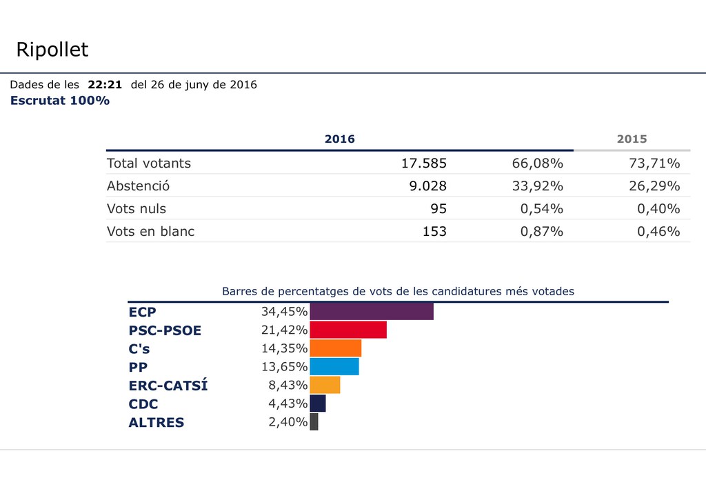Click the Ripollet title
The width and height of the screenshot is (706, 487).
pyautogui.click(x=52, y=50)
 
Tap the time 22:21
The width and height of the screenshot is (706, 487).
pyautogui.click(x=105, y=85)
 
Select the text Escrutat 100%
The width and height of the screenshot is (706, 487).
pyautogui.click(x=60, y=101)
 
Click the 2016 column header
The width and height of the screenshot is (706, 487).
pyautogui.click(x=339, y=139)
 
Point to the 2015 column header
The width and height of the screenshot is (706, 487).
pyautogui.click(x=632, y=139)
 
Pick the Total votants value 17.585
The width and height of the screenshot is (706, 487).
pyautogui.click(x=424, y=163)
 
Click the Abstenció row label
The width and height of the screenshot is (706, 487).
pyautogui.click(x=138, y=186)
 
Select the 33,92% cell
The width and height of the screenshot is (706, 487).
pyautogui.click(x=537, y=186)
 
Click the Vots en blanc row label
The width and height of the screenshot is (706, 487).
pyautogui.click(x=150, y=232)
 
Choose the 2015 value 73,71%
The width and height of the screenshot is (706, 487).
pyautogui.click(x=654, y=163)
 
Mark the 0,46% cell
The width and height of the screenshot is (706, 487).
pyautogui.click(x=654, y=232)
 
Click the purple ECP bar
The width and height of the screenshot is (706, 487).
pyautogui.click(x=372, y=312)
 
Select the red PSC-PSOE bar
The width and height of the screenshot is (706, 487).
pyautogui.click(x=348, y=330)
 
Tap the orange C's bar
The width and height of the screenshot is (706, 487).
pyautogui.click(x=336, y=348)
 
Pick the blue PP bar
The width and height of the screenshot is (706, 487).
pyautogui.click(x=334, y=366)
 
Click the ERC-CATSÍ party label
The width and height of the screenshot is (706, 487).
pyautogui.click(x=168, y=386)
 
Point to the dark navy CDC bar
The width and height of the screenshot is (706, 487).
pyautogui.click(x=318, y=404)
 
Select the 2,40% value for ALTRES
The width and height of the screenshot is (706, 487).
pyautogui.click(x=288, y=422)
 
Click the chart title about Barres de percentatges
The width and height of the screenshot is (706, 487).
pyautogui.click(x=398, y=292)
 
